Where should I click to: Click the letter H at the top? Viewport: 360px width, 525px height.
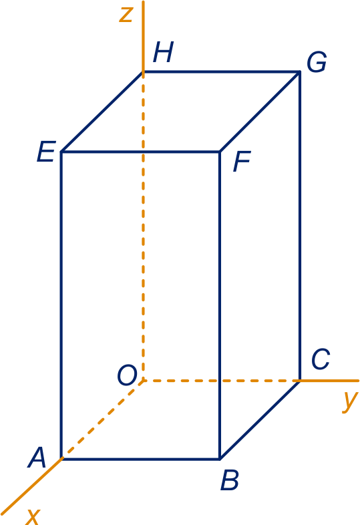point(164,53)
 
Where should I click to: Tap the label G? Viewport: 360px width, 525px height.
point(317,62)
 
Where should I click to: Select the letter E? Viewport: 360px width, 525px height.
point(46,152)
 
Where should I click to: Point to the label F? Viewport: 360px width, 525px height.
point(242,162)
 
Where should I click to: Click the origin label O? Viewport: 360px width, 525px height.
point(128,375)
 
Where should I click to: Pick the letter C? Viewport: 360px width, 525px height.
point(321,359)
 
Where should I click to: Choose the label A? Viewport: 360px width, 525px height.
point(37,458)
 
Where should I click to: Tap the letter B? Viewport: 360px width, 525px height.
point(230,480)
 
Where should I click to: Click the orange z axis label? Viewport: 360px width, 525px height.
point(127,15)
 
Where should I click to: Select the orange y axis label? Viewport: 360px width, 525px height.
point(350,401)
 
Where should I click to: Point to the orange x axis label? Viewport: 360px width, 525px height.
point(33,516)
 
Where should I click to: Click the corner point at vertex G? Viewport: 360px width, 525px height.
point(299,71)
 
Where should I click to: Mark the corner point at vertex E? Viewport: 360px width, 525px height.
point(61,152)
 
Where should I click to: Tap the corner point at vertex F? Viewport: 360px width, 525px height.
point(220,152)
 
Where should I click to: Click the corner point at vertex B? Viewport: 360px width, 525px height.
point(220,459)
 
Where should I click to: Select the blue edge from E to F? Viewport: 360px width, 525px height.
point(141,152)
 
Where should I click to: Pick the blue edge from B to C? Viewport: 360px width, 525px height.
point(260,420)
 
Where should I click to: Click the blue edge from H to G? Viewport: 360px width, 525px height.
point(221,71)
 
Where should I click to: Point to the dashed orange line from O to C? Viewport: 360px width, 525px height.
point(221,381)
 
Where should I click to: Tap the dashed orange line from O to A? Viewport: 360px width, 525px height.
point(102,420)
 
